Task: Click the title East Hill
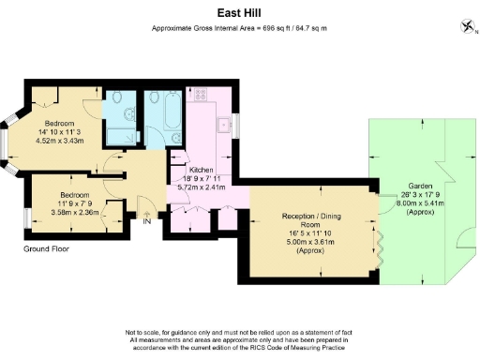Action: (x=240, y=14)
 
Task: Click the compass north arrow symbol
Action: (x=466, y=25)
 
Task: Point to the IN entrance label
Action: (x=146, y=222)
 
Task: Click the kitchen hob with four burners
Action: (x=200, y=97)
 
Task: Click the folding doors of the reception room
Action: (x=381, y=246)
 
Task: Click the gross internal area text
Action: (x=239, y=29)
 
